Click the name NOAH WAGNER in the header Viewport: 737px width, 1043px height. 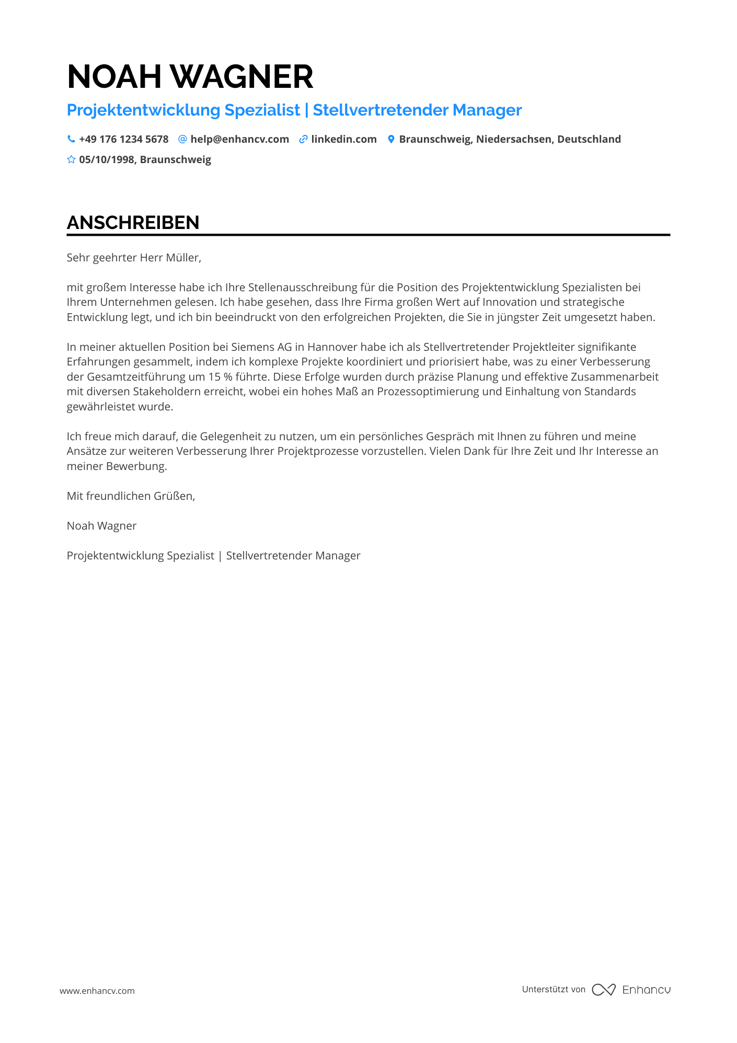(x=190, y=77)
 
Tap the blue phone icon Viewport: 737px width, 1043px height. (x=71, y=139)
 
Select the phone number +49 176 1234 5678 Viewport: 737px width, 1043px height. (x=124, y=139)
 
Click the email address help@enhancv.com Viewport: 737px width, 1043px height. (x=239, y=139)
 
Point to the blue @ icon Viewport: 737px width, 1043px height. (x=182, y=139)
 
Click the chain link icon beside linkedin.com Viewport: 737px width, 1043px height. (x=303, y=139)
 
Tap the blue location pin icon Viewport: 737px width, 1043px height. (x=391, y=139)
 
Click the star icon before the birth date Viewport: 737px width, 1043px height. (x=71, y=159)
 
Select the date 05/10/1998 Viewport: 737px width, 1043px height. (x=107, y=159)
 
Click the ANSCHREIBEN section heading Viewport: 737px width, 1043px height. (x=133, y=223)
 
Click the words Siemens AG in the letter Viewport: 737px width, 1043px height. (x=261, y=347)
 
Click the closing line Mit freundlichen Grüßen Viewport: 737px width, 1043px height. (x=131, y=496)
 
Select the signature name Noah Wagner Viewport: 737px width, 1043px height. (x=101, y=526)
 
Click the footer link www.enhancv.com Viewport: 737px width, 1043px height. (x=97, y=991)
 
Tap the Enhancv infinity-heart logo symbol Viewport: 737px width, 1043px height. (x=604, y=990)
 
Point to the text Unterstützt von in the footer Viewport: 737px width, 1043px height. (x=554, y=989)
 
